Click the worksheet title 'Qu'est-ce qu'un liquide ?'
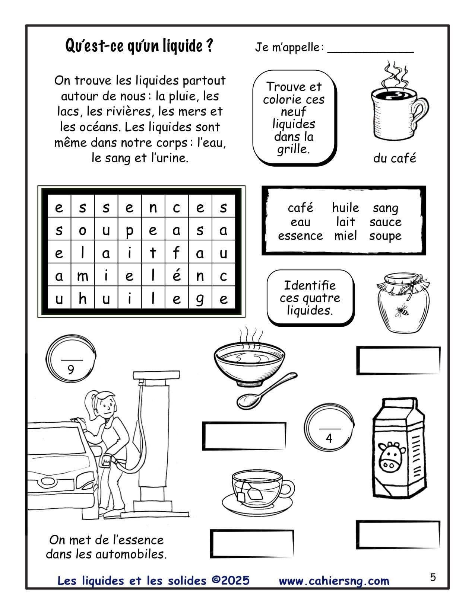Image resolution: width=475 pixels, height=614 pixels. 139,46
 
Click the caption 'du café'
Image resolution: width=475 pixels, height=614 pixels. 394,159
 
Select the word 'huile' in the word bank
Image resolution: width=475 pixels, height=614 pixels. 345,208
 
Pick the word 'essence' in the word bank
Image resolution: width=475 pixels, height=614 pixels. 300,236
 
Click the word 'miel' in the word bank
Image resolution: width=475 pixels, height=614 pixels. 345,236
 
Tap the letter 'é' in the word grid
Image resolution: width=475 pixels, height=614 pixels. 177,276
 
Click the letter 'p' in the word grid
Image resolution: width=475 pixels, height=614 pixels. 129,231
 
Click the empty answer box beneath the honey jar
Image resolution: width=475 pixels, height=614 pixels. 398,360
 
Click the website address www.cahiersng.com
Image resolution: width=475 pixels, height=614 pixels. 334,581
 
